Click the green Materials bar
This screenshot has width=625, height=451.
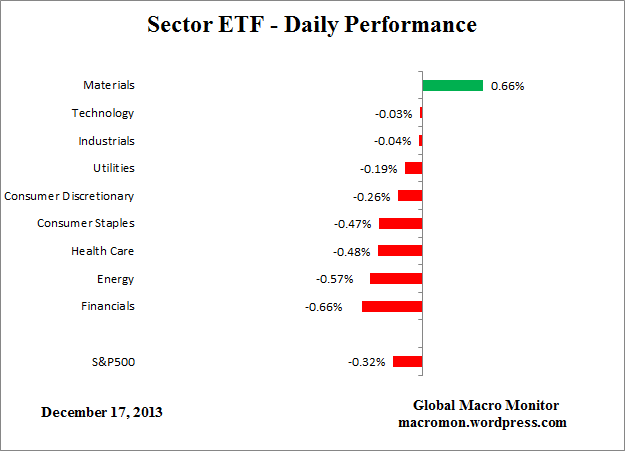(452, 86)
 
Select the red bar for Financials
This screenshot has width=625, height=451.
(392, 306)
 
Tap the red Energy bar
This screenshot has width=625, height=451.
(396, 279)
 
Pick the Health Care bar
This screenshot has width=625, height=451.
(400, 251)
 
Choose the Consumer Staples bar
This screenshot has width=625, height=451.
(400, 223)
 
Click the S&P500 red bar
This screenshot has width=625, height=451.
(407, 362)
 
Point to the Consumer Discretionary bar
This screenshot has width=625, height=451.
(410, 196)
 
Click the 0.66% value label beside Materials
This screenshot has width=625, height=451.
(507, 86)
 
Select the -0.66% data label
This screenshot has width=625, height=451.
(323, 307)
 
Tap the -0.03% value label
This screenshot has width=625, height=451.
(393, 114)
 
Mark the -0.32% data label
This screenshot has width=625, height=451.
(366, 362)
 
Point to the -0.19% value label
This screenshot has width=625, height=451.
(379, 169)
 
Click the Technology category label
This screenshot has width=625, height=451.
(103, 114)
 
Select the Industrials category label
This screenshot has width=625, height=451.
(106, 141)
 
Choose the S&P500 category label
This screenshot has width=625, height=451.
(111, 362)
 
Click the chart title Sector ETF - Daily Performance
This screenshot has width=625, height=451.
(312, 23)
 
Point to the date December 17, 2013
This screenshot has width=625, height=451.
(102, 411)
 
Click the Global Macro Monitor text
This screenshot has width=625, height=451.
(486, 405)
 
